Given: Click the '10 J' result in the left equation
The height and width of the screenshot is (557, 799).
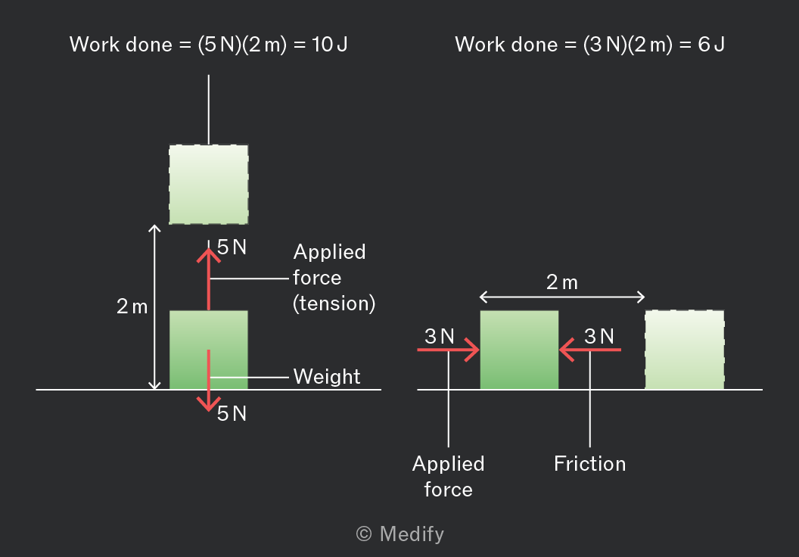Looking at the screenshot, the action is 330,45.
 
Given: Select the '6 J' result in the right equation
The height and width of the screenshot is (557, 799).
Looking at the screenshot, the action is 711,45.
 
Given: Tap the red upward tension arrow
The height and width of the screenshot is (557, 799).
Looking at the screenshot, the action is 208,278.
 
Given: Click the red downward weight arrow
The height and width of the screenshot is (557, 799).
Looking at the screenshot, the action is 208,380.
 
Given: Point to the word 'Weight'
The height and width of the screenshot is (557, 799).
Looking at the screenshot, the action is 327,377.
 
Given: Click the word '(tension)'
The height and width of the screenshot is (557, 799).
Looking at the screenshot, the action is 334,303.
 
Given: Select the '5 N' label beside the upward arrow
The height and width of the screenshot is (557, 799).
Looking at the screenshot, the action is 232,247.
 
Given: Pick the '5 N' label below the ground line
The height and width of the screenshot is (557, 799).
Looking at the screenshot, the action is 232,413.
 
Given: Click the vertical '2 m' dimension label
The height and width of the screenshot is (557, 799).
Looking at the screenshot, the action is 132,307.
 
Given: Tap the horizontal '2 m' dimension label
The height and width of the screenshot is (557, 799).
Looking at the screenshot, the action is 562,282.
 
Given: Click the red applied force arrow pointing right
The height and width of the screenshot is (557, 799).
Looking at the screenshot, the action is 449,350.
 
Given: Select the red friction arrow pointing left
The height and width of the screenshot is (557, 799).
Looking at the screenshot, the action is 590,350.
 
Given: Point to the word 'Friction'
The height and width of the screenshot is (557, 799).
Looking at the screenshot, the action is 590,464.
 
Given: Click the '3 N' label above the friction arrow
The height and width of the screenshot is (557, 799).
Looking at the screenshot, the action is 599,336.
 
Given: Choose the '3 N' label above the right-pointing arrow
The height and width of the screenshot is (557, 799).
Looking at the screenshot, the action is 440,336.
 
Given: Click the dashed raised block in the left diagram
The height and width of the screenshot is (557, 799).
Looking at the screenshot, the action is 208,185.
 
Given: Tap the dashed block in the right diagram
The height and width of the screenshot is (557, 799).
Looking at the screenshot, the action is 684,350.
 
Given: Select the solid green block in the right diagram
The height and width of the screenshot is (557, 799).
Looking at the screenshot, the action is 519,350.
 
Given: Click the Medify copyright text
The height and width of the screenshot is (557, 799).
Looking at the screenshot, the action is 400,534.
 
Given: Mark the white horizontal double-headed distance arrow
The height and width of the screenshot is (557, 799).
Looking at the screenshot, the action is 562,297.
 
